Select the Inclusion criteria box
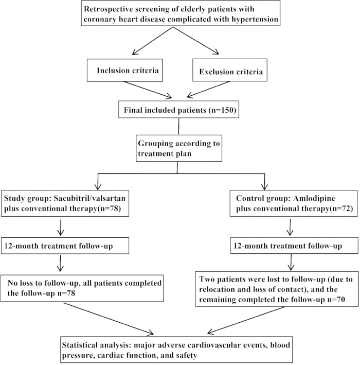tap(124, 70)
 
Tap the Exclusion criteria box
tap(230, 70)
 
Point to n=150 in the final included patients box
tap(223, 110)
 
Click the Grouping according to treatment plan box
tap(179, 148)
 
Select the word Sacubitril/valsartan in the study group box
tap(89, 198)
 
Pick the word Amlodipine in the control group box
tap(314, 198)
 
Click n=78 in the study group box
tap(109, 208)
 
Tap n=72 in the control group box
tap(341, 208)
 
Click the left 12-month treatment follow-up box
tap(65, 246)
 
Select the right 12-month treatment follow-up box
tap(294, 246)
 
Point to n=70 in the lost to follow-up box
tap(336, 299)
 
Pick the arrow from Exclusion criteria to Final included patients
tap(208, 90)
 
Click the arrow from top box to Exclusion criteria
tap(196, 41)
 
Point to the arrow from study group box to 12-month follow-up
tap(61, 227)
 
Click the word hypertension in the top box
tap(255, 20)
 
